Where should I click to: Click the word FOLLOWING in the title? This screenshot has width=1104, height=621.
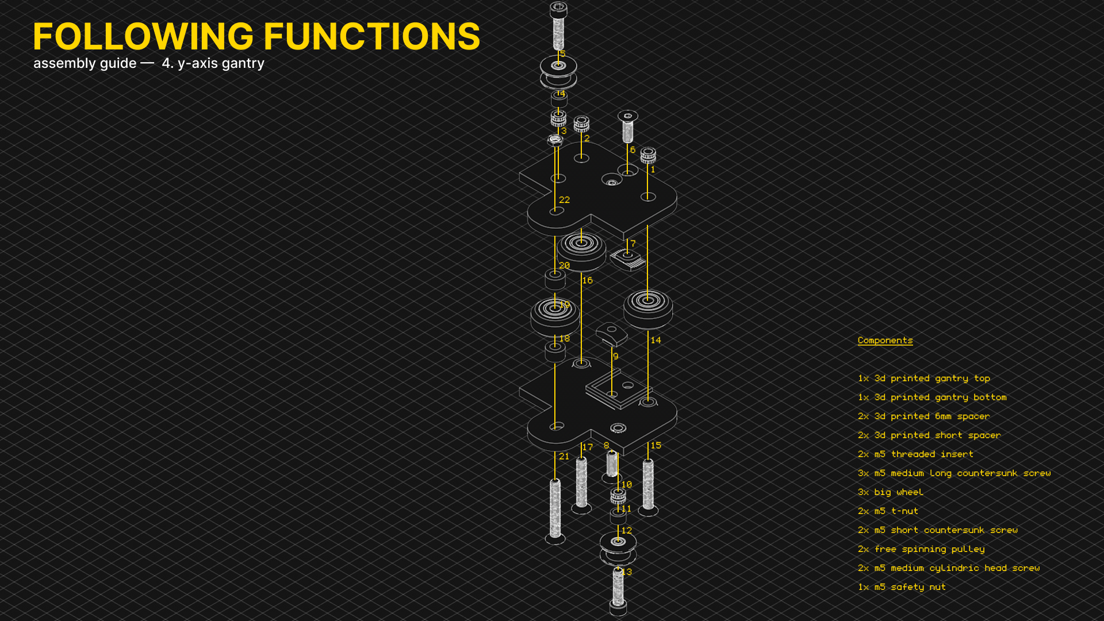(143, 37)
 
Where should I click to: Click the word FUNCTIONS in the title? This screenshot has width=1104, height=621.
(372, 37)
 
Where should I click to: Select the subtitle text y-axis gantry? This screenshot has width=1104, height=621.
(221, 63)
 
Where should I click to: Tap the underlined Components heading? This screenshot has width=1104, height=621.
(885, 340)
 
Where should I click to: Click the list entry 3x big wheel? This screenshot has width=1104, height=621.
(890, 492)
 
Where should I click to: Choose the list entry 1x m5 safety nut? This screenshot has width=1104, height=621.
(902, 587)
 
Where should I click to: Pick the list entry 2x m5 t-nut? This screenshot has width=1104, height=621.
(888, 511)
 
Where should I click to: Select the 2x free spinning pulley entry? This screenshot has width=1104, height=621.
(921, 549)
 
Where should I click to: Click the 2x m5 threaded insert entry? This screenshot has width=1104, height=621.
(915, 454)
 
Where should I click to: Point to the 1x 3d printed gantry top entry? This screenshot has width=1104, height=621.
(923, 378)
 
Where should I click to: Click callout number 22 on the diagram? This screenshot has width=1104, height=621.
(564, 200)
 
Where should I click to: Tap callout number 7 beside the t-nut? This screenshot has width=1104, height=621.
(632, 244)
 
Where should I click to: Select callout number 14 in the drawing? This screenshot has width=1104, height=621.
(655, 340)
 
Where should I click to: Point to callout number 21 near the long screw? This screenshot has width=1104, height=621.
(563, 457)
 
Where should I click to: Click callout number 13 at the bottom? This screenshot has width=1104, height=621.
(627, 572)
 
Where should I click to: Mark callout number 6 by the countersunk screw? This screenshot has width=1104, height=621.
(632, 150)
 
